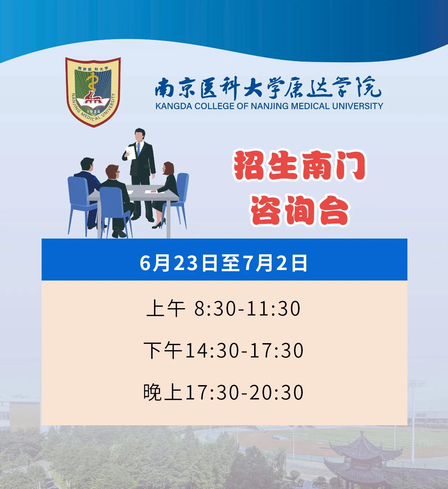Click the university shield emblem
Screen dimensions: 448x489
93,92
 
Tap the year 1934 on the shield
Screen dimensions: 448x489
93,111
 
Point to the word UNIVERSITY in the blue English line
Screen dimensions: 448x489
358,106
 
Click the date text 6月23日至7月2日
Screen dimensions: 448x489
223,263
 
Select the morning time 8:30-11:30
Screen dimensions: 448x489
247,309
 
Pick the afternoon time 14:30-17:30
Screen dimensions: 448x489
245,350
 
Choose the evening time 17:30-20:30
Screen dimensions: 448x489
245,392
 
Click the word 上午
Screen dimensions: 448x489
166,309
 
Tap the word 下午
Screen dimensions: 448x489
163,350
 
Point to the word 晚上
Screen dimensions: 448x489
163,392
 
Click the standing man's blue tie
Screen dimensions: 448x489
139,149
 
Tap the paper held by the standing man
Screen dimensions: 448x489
131,153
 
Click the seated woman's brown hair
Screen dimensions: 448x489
169,168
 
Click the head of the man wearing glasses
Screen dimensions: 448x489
112,172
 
